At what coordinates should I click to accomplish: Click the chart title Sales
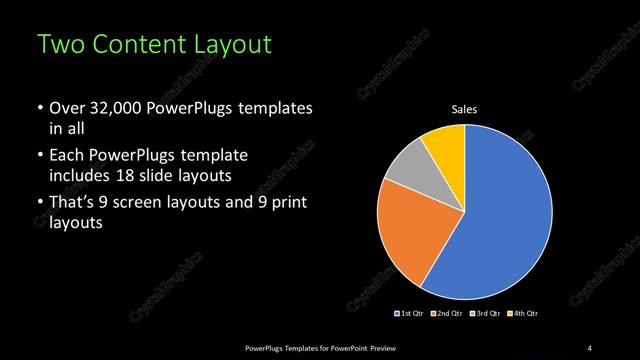[464, 109]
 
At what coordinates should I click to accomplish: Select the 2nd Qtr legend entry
[449, 314]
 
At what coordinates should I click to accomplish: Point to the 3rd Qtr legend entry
[487, 314]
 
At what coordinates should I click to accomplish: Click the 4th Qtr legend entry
[525, 314]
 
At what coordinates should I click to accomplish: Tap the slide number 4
[590, 347]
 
